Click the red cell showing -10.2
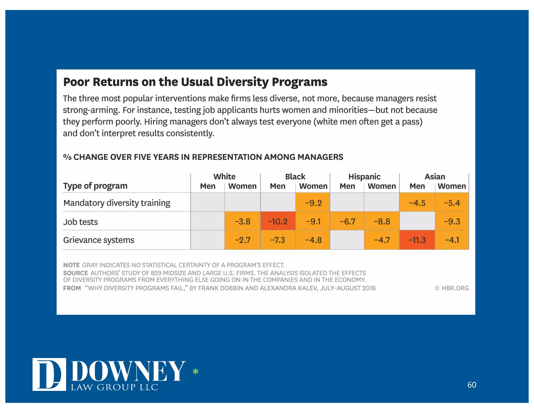[x=278, y=221]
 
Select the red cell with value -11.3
[x=417, y=240]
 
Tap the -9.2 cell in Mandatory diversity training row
[x=313, y=203]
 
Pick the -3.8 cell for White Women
[x=242, y=221]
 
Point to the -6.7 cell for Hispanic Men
[x=347, y=221]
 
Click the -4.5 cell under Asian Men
[x=417, y=203]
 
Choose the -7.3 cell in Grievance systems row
[x=278, y=240]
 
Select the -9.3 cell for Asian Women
[x=452, y=221]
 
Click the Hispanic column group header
[x=364, y=177]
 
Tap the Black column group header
[x=295, y=177]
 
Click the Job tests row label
[x=81, y=222]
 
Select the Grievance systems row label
[x=99, y=240]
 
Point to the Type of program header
[x=95, y=186]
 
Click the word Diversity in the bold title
[x=242, y=82]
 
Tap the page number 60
[x=472, y=385]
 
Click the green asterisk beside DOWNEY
[x=196, y=371]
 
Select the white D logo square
[x=49, y=374]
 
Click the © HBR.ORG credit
[x=452, y=288]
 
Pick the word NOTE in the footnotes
[x=71, y=265]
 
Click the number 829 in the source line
[x=156, y=273]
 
